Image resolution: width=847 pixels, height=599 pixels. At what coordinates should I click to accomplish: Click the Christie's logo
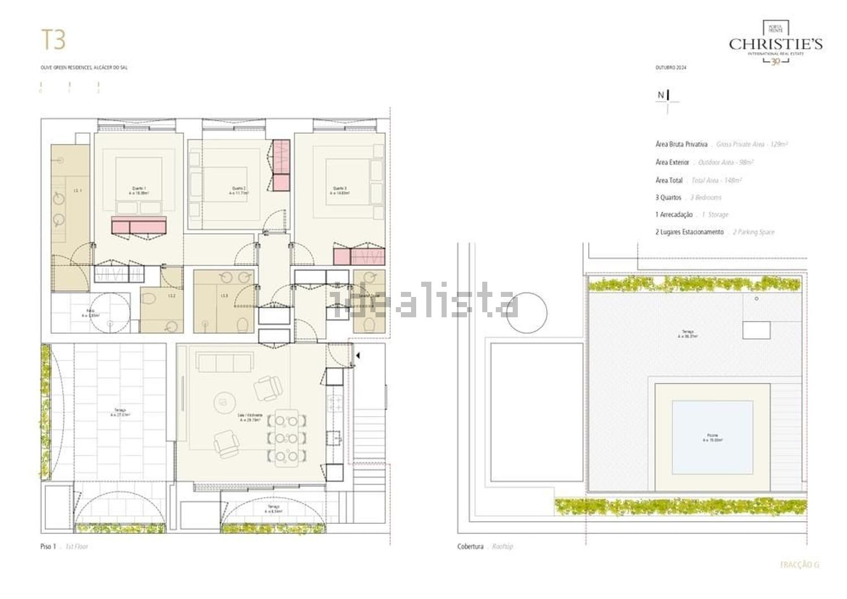point(775,43)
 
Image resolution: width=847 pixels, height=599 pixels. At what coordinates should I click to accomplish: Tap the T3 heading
point(54,40)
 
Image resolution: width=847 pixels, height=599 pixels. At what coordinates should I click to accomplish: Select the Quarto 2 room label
point(238,190)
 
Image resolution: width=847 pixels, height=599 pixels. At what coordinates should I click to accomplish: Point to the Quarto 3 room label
point(339,190)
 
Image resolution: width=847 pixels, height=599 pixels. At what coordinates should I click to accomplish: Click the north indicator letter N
point(661,95)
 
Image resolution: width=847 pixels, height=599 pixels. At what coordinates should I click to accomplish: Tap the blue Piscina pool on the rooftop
point(712,438)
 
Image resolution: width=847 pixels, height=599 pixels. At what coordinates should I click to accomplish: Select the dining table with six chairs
point(288,438)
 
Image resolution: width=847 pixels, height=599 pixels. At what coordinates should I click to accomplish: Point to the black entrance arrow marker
point(357,356)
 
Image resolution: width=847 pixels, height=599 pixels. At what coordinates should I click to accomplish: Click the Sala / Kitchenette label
point(250,417)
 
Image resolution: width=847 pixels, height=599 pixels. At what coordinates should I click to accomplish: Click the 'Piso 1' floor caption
point(49,546)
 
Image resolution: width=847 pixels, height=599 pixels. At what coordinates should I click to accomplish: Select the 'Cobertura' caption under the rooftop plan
point(470,546)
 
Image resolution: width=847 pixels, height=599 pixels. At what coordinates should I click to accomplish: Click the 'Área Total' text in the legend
point(669,181)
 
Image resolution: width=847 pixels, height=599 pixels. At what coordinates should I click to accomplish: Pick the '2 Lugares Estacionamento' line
point(689,232)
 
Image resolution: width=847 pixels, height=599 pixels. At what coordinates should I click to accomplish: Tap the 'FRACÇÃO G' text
point(799,565)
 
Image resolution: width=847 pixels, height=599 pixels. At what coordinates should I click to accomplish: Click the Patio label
point(90,313)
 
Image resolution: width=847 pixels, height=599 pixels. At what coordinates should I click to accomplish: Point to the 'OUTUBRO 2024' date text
point(671,68)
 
